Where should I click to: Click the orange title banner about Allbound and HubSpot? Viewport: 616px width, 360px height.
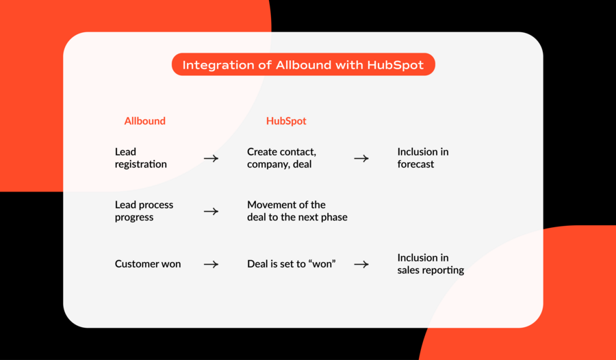tap(303, 64)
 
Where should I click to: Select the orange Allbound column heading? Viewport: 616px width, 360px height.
tap(145, 120)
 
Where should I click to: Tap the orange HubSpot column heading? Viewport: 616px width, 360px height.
tap(286, 120)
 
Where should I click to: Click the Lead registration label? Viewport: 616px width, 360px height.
tap(140, 157)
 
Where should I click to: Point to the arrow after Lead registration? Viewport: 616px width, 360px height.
tap(211, 158)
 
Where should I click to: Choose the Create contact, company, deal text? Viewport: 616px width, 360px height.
tap(281, 157)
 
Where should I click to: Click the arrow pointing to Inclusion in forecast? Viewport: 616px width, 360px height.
tap(361, 158)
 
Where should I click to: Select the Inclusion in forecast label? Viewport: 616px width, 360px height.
tap(423, 157)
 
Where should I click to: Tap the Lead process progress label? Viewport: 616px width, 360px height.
tap(144, 211)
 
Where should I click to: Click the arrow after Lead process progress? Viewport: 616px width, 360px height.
tap(211, 211)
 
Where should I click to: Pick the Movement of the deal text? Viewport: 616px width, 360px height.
tap(297, 211)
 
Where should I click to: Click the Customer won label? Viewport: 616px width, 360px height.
tap(148, 263)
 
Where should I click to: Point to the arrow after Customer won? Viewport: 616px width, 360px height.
tap(211, 264)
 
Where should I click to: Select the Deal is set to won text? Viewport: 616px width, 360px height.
tap(291, 263)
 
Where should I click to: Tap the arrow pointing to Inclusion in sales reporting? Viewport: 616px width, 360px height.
tap(361, 264)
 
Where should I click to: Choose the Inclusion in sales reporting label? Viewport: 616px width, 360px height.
tap(431, 263)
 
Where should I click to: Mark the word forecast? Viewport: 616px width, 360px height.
tap(415, 164)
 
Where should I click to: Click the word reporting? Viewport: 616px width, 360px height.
tap(444, 270)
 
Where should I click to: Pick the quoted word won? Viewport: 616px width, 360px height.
tap(322, 263)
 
